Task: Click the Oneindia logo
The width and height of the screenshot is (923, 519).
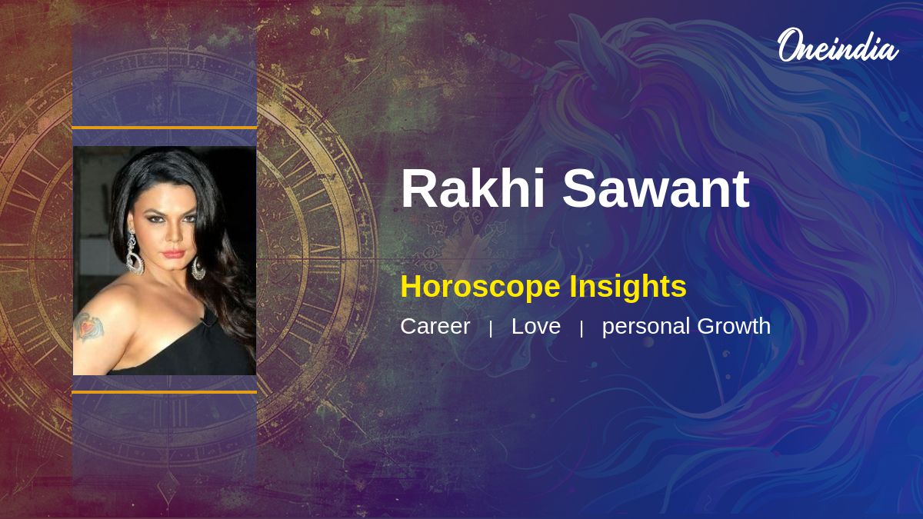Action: point(838,45)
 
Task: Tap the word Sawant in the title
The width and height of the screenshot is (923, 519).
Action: point(656,188)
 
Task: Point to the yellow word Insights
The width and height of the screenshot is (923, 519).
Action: point(628,287)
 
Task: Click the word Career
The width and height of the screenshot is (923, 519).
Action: point(435,326)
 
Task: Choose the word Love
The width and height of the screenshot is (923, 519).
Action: point(535,326)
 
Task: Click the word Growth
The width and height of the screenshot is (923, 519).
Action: point(734,326)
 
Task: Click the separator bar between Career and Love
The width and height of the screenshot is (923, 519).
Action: point(491,329)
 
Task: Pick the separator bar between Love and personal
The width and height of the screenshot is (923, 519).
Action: point(581,329)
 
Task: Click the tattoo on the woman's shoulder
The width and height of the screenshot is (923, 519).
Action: point(88,327)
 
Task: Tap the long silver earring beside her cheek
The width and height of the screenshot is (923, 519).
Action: point(134,252)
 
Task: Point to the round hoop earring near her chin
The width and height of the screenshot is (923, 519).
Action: point(198,268)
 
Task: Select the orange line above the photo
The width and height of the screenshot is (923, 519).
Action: point(165,128)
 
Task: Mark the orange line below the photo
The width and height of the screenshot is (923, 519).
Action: point(165,392)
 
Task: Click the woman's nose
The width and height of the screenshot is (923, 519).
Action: point(173,235)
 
